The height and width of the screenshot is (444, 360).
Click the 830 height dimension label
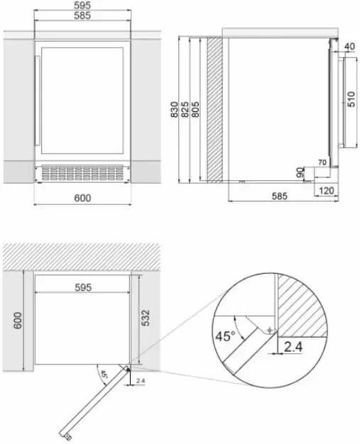(175, 109)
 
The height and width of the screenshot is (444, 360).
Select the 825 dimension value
(185, 109)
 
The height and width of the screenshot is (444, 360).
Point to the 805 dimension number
(195, 109)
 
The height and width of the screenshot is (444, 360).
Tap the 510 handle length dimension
(351, 99)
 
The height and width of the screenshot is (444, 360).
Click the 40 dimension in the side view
(349, 46)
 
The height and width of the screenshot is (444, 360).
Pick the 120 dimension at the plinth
(326, 191)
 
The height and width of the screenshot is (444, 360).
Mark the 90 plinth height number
(300, 172)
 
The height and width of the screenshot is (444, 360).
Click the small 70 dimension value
(322, 162)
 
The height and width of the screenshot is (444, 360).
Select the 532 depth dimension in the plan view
(145, 318)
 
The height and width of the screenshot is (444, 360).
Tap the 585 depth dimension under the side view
(280, 196)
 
